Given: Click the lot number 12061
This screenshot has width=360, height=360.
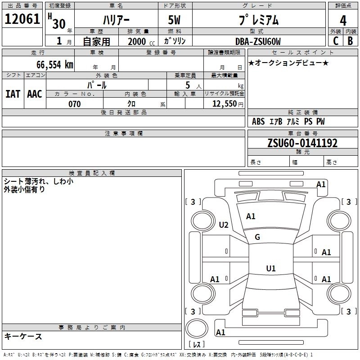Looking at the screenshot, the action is (x=22, y=19).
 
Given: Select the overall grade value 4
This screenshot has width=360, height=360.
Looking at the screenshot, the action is (x=343, y=21).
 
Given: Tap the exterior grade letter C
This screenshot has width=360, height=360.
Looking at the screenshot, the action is (x=336, y=41).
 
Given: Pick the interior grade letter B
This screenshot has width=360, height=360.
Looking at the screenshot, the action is (x=350, y=41).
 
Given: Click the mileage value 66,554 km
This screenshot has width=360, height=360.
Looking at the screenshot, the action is (x=55, y=65).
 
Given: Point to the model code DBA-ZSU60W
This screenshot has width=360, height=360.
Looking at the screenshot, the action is (x=258, y=41).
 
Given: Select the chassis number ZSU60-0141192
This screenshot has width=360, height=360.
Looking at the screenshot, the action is (x=302, y=143).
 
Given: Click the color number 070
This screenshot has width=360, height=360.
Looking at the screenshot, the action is (x=75, y=104).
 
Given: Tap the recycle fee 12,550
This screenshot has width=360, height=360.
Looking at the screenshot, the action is (x=224, y=104).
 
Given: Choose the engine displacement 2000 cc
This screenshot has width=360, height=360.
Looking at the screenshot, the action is (x=141, y=41).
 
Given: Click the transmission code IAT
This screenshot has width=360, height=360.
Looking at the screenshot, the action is (x=13, y=94).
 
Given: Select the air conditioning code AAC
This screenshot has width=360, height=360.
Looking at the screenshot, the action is (x=35, y=94).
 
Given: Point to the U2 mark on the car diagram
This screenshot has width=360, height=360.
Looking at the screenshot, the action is (x=224, y=225).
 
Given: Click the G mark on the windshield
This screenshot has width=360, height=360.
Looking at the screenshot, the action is (x=257, y=237).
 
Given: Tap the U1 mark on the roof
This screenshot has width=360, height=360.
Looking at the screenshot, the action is (x=271, y=268).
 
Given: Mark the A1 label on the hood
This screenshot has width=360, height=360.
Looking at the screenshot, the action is (x=251, y=216).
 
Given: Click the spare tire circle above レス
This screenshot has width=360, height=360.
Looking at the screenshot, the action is (x=197, y=328).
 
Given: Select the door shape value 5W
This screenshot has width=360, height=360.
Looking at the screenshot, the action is (x=174, y=20).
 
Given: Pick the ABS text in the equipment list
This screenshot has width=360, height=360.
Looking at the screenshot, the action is (x=258, y=121).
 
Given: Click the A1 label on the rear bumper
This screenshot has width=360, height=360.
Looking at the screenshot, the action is (x=220, y=332).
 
